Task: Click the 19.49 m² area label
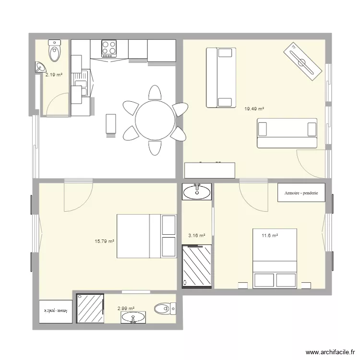tap(254, 109)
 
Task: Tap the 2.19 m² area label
tap(54, 75)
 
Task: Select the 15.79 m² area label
tap(105, 241)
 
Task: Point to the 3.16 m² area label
tap(197, 236)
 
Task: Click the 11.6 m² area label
tap(270, 236)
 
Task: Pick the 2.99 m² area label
tap(126, 309)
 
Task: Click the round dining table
tap(155, 120)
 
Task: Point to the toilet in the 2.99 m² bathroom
tap(163, 308)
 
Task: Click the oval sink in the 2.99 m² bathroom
tap(133, 317)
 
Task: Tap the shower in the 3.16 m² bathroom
tap(197, 266)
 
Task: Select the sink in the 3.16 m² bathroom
tap(197, 192)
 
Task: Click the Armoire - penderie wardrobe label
tap(301, 193)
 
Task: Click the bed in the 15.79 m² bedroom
tap(146, 236)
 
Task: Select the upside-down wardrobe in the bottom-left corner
tap(56, 311)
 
